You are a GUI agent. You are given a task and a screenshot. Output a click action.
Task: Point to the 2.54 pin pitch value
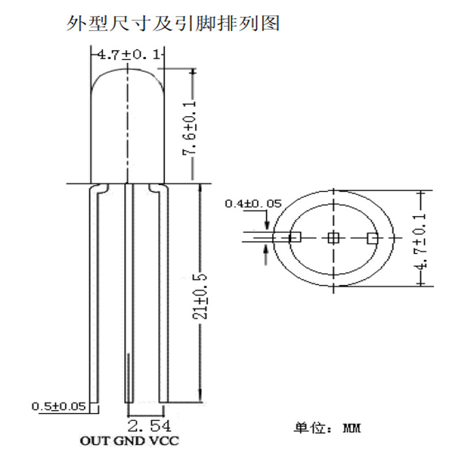click(x=148, y=426)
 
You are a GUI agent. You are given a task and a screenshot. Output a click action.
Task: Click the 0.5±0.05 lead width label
click(x=58, y=407)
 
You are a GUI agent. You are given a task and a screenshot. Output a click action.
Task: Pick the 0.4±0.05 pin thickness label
click(x=252, y=204)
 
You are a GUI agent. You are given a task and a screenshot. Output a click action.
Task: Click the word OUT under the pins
click(x=92, y=442)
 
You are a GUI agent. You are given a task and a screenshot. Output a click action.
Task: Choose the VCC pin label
click(x=164, y=442)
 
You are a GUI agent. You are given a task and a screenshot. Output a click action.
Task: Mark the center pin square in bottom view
click(x=333, y=237)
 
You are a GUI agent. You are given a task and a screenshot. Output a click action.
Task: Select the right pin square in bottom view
click(x=372, y=237)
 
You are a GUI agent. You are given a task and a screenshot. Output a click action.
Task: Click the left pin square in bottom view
click(x=295, y=237)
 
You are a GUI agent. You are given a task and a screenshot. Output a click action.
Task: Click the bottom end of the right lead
click(x=164, y=401)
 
